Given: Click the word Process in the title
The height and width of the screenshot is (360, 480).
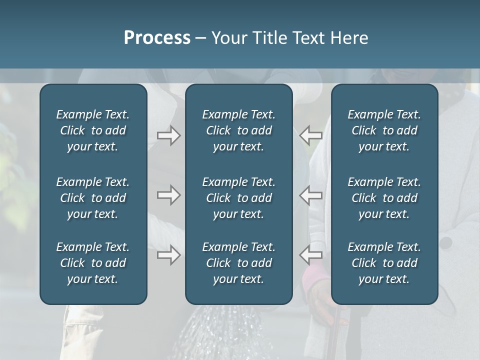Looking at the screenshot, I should coord(157,38).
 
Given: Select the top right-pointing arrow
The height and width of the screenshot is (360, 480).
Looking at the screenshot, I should coord(168,135).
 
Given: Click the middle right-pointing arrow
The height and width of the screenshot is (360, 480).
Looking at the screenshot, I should coord(168,195).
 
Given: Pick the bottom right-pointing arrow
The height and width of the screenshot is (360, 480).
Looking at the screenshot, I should coord(168,255).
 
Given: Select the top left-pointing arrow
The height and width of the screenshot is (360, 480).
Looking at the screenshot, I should coord(311,135).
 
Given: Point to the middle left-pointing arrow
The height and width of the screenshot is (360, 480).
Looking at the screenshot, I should coord(311,195).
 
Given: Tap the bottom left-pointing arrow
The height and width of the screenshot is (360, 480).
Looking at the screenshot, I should coord(311,255).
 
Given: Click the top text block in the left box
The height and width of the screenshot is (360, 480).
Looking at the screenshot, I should coord(93,130).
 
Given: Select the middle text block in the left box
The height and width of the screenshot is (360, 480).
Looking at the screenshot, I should coord(93,198).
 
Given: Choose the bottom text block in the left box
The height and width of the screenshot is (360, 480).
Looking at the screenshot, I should coord(93,263).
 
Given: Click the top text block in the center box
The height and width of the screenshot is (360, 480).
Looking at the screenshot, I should coord(239,130).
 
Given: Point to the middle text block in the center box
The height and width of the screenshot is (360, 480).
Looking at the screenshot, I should coord(239,198).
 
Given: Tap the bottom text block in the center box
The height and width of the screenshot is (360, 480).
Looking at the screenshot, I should coord(239,263).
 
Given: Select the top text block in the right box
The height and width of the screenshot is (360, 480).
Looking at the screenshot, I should coord(384,130).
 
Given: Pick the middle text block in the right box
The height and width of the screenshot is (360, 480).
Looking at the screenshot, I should coord(384,198).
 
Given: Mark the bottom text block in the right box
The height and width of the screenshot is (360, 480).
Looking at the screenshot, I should coord(384,263).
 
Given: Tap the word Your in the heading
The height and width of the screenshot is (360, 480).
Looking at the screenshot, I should coord(227,38).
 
